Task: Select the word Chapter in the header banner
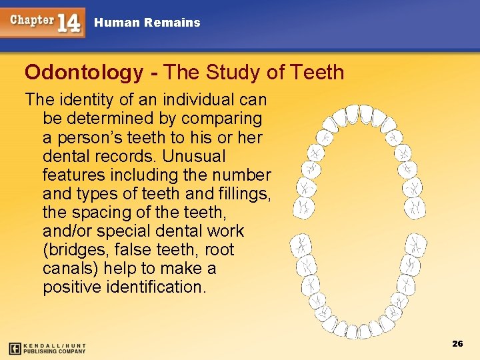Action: (31, 19)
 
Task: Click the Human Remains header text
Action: (147, 23)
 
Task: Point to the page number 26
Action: (457, 343)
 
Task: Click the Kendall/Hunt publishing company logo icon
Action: (15, 348)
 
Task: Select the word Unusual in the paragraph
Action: (198, 157)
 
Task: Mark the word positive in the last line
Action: (71, 287)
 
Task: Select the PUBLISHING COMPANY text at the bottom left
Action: (55, 351)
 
